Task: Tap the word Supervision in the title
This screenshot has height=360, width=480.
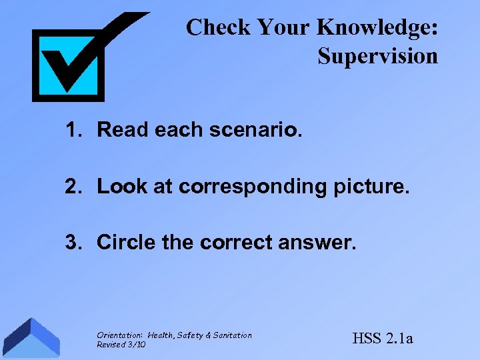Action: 377,56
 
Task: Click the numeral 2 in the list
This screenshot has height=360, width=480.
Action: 73,187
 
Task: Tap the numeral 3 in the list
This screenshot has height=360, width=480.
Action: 73,243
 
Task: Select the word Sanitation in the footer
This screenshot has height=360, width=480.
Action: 232,335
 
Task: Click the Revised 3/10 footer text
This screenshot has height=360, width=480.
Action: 121,344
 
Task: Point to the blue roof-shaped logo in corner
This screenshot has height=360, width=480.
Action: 31,339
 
